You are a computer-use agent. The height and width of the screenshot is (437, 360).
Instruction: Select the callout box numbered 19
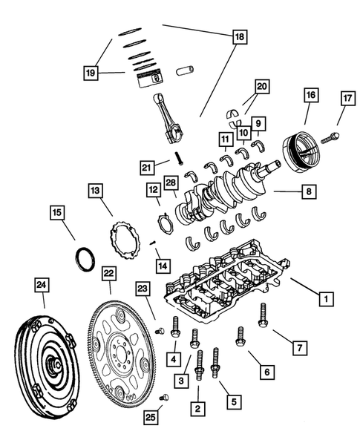point(90,73)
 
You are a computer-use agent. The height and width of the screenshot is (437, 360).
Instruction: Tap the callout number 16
point(310,95)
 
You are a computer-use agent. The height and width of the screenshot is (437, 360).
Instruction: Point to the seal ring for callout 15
point(85,260)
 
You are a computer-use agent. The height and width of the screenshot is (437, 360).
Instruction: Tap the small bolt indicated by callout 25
point(165,398)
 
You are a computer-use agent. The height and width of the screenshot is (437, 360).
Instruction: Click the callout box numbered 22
point(109,274)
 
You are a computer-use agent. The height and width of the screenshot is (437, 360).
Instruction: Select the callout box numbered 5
point(234,402)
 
